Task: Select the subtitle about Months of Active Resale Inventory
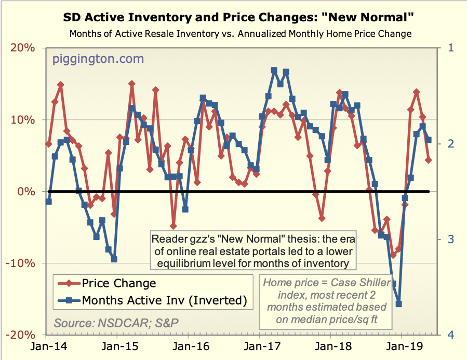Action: coord(240,34)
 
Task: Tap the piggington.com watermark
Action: coord(98,59)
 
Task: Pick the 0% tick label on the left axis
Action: coord(28,192)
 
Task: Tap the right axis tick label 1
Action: coord(450,48)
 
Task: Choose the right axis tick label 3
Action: coord(450,239)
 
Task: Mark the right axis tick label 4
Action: coord(450,335)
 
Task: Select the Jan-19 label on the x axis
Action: coord(403,347)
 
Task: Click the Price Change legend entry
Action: coord(118,283)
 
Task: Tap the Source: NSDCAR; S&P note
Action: coord(116,322)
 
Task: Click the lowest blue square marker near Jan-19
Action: coord(399,304)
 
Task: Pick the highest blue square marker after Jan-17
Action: coord(274,70)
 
